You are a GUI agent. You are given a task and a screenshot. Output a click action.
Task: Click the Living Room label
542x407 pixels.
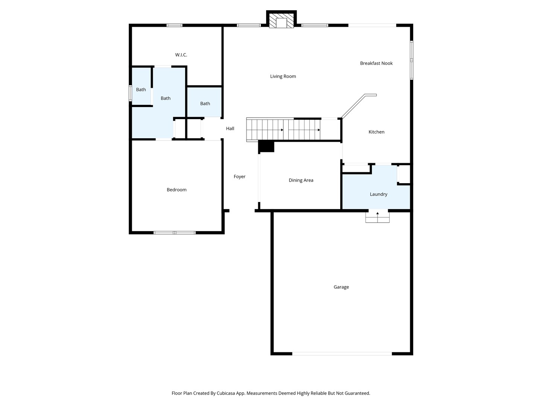tap(283, 77)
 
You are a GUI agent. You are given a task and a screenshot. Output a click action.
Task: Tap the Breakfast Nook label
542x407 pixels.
tap(376, 63)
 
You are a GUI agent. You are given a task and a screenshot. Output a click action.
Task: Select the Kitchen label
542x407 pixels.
tap(376, 132)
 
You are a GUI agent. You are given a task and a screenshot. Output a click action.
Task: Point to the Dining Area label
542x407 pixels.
tap(301, 181)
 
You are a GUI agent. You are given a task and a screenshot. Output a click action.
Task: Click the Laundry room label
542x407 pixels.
tap(378, 194)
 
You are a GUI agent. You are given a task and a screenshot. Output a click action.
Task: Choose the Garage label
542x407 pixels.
tap(341, 287)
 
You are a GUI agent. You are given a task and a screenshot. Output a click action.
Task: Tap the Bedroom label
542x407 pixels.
tap(177, 190)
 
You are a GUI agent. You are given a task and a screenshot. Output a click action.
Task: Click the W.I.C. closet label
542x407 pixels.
tap(181, 55)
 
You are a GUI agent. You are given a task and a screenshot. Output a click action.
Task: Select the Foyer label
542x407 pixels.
tap(239, 177)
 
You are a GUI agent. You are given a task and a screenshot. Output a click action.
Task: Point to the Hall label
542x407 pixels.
tap(230, 129)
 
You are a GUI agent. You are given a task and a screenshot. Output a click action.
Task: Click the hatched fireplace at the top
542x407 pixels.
tap(281, 21)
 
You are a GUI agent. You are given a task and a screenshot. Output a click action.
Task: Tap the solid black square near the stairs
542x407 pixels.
tap(266, 146)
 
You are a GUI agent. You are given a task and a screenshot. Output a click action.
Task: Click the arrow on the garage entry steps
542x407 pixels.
tap(377, 214)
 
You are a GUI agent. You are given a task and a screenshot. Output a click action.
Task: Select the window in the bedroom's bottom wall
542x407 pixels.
tap(174, 233)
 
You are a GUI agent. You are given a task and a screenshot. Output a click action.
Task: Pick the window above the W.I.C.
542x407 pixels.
tap(174, 25)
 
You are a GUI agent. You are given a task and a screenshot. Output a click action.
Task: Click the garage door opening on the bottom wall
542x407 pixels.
tap(342, 354)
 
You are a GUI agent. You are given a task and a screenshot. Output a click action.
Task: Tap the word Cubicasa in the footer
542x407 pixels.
tap(226, 393)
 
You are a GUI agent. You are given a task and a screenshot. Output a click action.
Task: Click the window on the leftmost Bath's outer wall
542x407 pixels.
tap(130, 93)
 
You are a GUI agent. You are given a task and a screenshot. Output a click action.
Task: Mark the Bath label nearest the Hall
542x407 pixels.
tap(205, 104)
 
